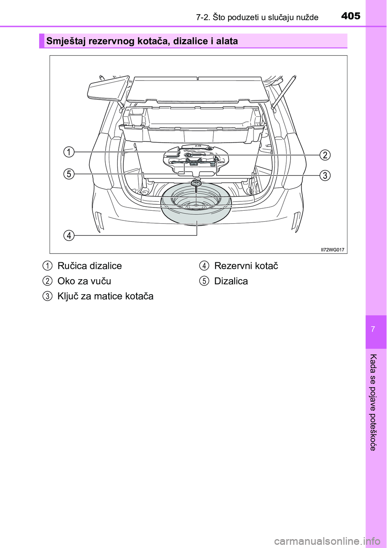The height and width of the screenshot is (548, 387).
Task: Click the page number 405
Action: click(x=351, y=16)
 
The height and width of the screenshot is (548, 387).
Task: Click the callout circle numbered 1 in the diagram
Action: click(x=69, y=152)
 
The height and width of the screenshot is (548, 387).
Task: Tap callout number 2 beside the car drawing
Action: click(x=325, y=155)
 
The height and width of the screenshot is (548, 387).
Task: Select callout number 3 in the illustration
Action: click(x=325, y=175)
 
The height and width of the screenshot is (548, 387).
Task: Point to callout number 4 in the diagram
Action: click(x=69, y=235)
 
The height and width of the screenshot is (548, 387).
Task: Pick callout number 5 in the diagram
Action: click(x=69, y=174)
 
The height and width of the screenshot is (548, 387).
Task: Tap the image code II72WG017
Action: click(x=333, y=250)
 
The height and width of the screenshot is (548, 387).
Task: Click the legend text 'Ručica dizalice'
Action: click(x=89, y=266)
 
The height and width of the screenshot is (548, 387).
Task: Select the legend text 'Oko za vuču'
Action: click(x=84, y=281)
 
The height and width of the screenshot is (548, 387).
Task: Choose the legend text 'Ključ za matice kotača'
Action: click(x=105, y=296)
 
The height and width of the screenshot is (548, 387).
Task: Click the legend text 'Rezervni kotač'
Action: click(x=246, y=266)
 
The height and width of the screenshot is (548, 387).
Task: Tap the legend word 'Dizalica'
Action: click(x=231, y=281)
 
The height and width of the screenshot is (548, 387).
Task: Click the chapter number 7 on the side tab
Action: click(x=373, y=329)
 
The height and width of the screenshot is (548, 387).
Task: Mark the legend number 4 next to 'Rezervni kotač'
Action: click(x=204, y=266)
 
